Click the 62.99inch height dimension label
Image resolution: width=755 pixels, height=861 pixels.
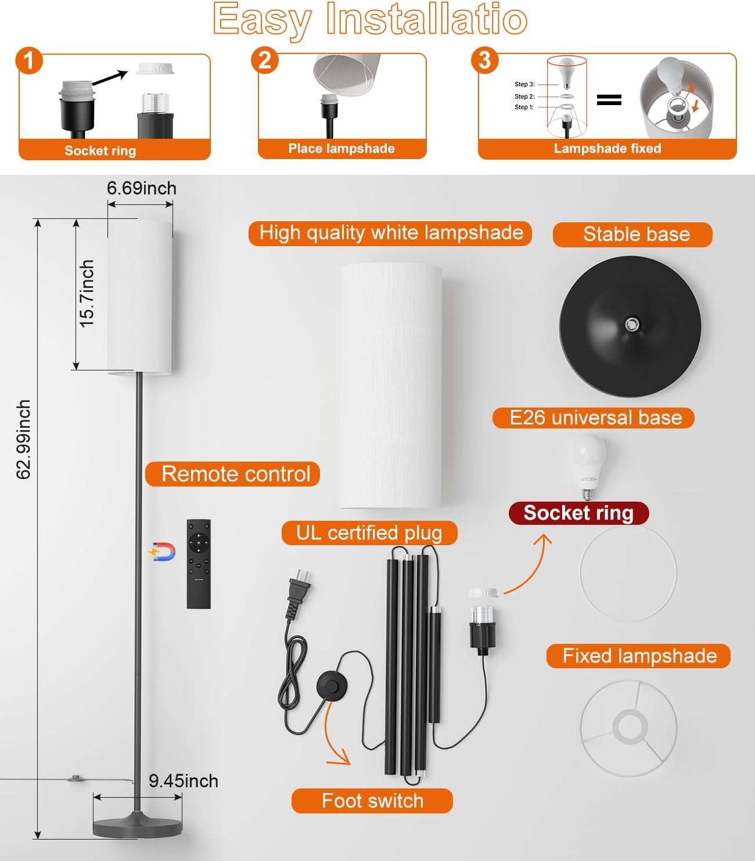[x=23, y=439]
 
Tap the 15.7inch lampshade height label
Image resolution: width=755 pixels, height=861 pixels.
[x=87, y=294]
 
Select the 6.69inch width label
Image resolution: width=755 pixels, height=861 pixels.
[x=141, y=189]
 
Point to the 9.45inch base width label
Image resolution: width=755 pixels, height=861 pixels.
[x=184, y=781]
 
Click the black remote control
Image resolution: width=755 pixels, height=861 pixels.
[x=199, y=564]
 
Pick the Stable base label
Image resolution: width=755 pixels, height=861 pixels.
[x=637, y=235]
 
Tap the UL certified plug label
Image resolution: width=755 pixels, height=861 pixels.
[x=369, y=533]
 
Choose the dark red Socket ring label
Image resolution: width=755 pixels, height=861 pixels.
[x=578, y=513]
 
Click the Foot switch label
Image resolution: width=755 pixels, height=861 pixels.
[x=372, y=801]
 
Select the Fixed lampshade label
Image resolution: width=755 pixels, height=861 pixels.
[x=639, y=656]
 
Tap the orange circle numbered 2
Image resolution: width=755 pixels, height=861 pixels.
[x=265, y=60]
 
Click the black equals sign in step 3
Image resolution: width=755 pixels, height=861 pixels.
[x=609, y=100]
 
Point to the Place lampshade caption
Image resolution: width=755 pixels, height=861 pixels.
[x=341, y=149]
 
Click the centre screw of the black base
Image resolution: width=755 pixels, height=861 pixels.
[x=631, y=324]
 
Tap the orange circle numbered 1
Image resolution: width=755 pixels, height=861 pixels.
[x=29, y=60]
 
